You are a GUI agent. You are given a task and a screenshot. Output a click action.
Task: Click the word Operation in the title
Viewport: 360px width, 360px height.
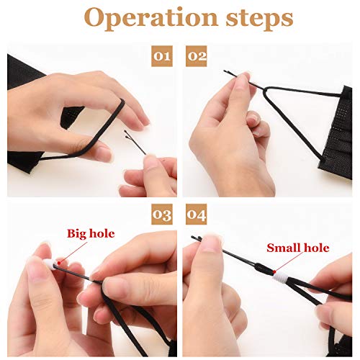150,19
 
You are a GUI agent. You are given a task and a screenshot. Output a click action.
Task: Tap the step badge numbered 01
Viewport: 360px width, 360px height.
162,56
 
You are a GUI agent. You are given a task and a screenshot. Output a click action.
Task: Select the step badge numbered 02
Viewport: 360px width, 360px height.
197,56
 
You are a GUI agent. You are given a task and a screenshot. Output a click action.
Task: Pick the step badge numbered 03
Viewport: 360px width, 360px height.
162,215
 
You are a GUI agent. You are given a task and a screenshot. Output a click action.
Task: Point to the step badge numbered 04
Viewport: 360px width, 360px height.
197,215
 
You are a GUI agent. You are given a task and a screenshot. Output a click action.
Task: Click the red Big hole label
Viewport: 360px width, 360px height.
91,234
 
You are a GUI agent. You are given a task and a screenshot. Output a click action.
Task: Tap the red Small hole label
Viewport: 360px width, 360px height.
298,248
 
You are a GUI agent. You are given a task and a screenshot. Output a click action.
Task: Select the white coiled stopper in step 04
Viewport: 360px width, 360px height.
279,279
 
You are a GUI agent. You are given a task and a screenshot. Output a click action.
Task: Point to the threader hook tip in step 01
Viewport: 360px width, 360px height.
126,133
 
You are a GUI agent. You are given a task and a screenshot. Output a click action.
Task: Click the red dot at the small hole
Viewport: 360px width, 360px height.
274,272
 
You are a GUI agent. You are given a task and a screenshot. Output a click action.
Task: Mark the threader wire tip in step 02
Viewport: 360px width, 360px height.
225,71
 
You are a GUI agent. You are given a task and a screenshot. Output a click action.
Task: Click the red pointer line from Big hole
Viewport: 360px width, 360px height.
73,253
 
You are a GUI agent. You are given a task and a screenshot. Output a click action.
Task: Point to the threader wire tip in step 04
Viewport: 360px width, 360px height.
193,238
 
